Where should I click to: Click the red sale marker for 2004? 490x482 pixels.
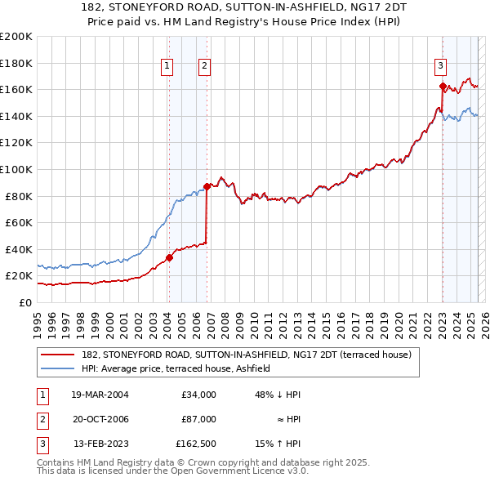170,257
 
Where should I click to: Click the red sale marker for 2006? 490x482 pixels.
207,186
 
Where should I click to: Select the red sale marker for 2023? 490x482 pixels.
442,86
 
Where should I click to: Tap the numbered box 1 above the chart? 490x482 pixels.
167,67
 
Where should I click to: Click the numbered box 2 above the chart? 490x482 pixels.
204,67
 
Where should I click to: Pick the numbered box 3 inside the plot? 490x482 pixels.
440,67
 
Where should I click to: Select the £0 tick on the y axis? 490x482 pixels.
24,302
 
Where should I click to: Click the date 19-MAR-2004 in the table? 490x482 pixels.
100,395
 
